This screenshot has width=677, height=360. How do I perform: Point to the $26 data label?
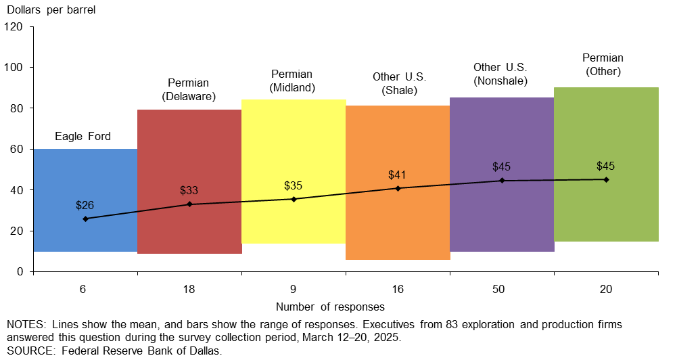pyautogui.click(x=85, y=204)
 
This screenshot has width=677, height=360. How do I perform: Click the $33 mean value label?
pyautogui.click(x=189, y=190)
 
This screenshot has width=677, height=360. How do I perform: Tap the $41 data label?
pyautogui.click(x=398, y=175)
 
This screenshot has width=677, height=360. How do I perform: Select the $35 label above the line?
pyautogui.click(x=294, y=185)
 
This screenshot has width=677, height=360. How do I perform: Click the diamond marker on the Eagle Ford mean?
pyautogui.click(x=85, y=219)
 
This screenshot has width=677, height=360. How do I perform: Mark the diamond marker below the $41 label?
pyautogui.click(x=398, y=188)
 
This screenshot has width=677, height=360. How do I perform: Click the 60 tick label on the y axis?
pyautogui.click(x=17, y=149)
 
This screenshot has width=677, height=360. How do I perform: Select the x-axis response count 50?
pyautogui.click(x=502, y=289)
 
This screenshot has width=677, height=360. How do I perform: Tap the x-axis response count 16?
pyautogui.click(x=398, y=289)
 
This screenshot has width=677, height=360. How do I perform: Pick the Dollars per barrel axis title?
pyautogui.click(x=51, y=9)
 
